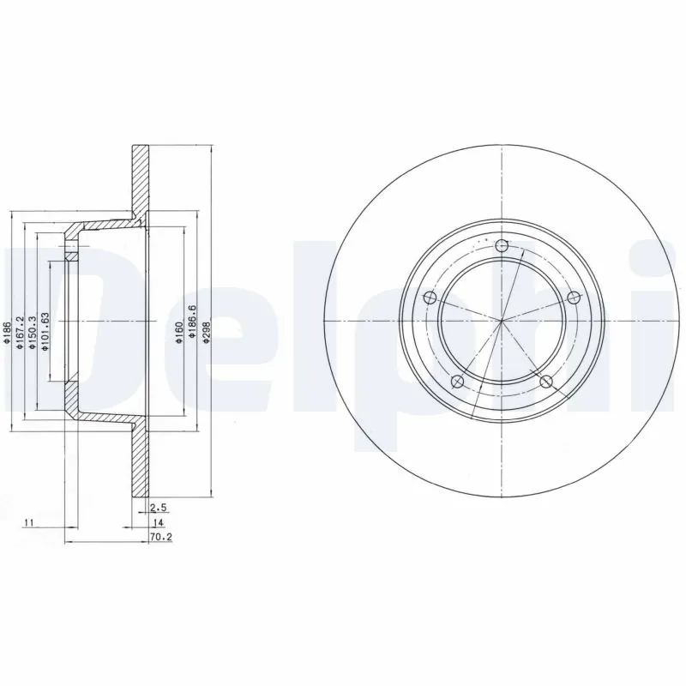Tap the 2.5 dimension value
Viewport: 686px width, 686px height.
tap(157, 508)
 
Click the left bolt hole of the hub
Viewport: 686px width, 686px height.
tap(431, 298)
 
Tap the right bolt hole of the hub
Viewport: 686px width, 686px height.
tap(574, 297)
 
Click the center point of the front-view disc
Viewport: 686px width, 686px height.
tap(502, 322)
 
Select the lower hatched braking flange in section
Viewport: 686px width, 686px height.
tap(139, 463)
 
